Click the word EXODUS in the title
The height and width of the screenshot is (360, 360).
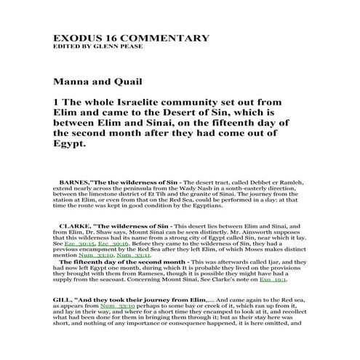coord(76,39)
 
